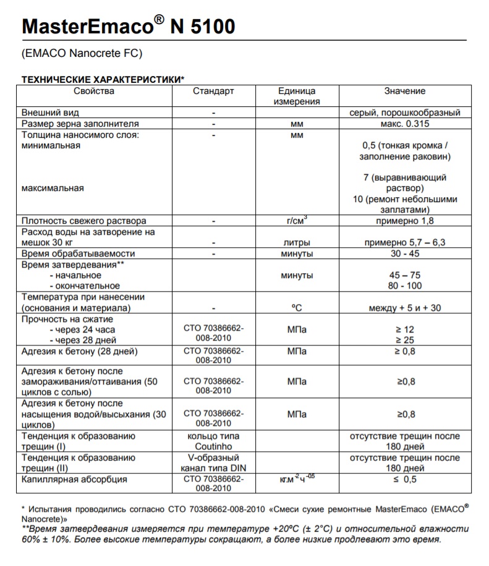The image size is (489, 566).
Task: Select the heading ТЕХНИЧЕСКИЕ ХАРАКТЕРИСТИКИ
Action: pos(103,80)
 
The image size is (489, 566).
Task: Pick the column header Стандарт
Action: pos(213,91)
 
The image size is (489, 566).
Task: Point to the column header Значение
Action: pos(405,91)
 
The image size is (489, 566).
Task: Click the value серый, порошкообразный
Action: pos(405,113)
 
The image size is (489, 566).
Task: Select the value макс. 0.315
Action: pos(405,124)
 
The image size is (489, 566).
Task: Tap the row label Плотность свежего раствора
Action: pos(84,221)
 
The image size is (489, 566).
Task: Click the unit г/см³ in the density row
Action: pos(297,220)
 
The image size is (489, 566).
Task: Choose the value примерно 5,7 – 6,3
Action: pos(405,243)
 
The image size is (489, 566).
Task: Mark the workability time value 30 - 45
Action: pos(405,253)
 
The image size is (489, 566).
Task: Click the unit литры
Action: pos(297,243)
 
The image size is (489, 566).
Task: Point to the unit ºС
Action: pos(297,308)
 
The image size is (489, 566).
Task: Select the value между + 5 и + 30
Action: pos(405,308)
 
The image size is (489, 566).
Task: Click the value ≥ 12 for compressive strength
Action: pos(405,329)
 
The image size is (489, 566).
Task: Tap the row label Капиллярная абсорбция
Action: pos(75,479)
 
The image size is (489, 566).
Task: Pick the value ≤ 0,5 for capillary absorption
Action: pos(405,479)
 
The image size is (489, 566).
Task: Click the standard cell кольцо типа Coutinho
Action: pos(213,441)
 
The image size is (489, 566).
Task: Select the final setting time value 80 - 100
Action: pos(405,286)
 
